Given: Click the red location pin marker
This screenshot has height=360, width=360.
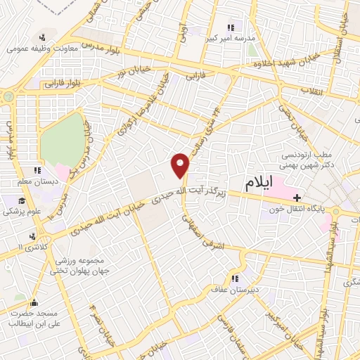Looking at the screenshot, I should pos(181,165).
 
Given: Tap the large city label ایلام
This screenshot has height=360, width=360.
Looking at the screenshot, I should pos(259,184).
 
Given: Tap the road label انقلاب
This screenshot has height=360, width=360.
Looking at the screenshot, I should pos(311,91).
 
